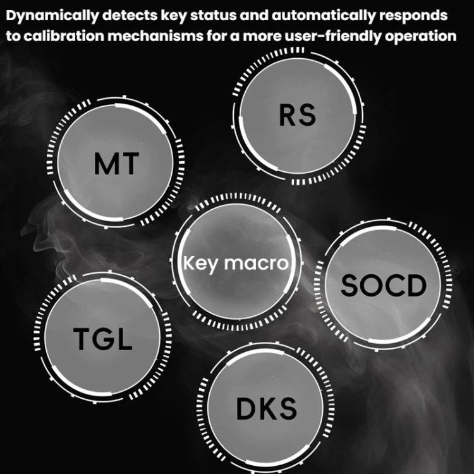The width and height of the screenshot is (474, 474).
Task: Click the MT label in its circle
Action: [116, 164]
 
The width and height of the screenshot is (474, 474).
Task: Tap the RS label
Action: [298, 115]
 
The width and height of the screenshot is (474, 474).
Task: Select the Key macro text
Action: [236, 264]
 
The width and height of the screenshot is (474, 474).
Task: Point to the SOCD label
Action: [384, 286]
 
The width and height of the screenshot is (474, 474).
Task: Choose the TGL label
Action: [103, 339]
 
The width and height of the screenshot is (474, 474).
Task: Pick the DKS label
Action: [266, 409]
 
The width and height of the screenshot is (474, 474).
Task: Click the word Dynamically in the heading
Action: [52, 16]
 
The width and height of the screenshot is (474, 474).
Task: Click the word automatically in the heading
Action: [323, 16]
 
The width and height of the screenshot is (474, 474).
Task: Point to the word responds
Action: [413, 16]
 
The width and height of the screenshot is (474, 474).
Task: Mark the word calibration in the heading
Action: [64, 36]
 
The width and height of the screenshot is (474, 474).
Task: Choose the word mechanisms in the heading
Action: [155, 36]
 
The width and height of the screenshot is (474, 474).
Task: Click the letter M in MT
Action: [104, 164]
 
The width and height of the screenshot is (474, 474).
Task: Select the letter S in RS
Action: [307, 115]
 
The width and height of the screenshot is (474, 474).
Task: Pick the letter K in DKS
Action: [267, 409]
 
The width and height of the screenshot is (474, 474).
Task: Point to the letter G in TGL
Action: [104, 339]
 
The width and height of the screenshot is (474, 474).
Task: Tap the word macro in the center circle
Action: [257, 264]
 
